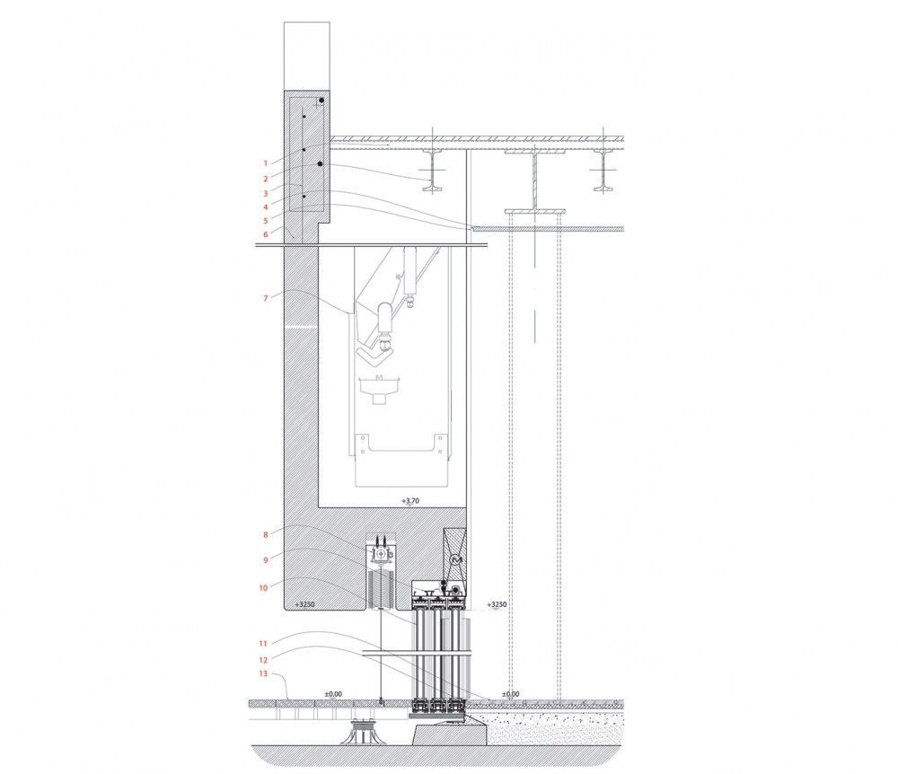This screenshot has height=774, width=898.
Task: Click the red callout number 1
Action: (x=265, y=163)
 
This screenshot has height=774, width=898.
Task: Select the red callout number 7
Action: (x=265, y=298)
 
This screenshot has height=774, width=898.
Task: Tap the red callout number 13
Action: (x=263, y=673)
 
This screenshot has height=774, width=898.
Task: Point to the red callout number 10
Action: (x=263, y=587)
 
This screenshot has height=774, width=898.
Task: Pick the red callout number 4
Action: (x=265, y=207)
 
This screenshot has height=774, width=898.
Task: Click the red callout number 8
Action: (x=265, y=534)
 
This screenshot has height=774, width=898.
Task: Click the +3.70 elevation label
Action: (x=410, y=501)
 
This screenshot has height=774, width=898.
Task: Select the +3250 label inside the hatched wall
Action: (x=304, y=604)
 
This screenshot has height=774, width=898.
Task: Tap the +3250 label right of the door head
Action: (x=497, y=604)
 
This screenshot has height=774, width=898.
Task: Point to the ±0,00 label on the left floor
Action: (x=333, y=694)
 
